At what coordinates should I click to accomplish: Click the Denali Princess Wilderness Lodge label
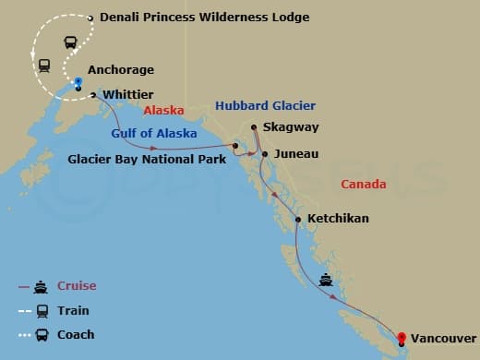(x=204, y=18)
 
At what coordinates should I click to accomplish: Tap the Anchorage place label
(x=121, y=70)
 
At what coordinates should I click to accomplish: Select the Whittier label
(x=128, y=94)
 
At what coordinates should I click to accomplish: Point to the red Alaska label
(x=163, y=110)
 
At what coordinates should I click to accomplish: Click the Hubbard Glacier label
(x=265, y=106)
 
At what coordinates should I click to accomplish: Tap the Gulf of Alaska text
(x=154, y=134)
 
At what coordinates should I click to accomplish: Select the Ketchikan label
(x=338, y=219)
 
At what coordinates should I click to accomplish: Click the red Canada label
(x=364, y=185)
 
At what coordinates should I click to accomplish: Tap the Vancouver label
(x=445, y=339)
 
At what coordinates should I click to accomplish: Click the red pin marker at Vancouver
(x=402, y=337)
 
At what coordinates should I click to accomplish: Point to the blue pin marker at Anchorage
(x=78, y=83)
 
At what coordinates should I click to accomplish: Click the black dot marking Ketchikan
(x=297, y=219)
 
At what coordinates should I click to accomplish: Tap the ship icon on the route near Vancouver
(x=325, y=279)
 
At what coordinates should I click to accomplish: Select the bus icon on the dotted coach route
(x=70, y=42)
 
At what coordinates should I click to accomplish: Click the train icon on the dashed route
(x=43, y=66)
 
